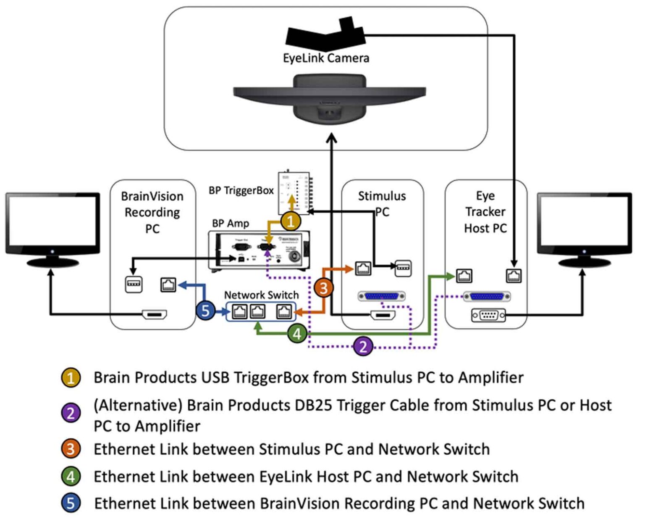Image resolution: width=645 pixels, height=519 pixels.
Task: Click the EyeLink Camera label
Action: tap(326, 58)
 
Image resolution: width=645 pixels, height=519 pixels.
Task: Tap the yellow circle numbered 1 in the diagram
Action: tap(291, 221)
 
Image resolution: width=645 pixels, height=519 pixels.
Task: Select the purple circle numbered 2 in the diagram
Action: tap(363, 346)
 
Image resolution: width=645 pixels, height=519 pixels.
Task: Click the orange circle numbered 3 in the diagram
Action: tap(324, 288)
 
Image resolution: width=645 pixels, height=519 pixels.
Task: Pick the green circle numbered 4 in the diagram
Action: tap(297, 334)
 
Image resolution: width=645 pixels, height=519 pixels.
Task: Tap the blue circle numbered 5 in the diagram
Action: tap(206, 311)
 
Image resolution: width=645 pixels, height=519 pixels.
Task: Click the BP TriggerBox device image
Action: tap(294, 192)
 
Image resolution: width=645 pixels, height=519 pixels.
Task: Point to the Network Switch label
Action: tap(261, 295)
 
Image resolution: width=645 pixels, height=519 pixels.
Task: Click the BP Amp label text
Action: tap(231, 223)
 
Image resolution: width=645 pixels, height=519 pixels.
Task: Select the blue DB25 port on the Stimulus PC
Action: tap(381, 296)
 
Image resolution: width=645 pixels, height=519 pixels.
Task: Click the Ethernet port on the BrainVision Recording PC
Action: tap(168, 285)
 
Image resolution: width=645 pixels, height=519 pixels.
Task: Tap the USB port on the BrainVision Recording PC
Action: tap(134, 285)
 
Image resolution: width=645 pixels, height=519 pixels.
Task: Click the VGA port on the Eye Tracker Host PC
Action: tap(488, 315)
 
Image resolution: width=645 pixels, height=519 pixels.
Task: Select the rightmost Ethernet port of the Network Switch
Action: tap(284, 311)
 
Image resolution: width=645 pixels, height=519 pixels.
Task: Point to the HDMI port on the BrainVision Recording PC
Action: tap(155, 314)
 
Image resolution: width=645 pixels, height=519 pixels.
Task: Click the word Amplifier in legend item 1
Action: tap(490, 377)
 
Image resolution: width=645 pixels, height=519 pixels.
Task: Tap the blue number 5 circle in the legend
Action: tap(71, 503)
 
